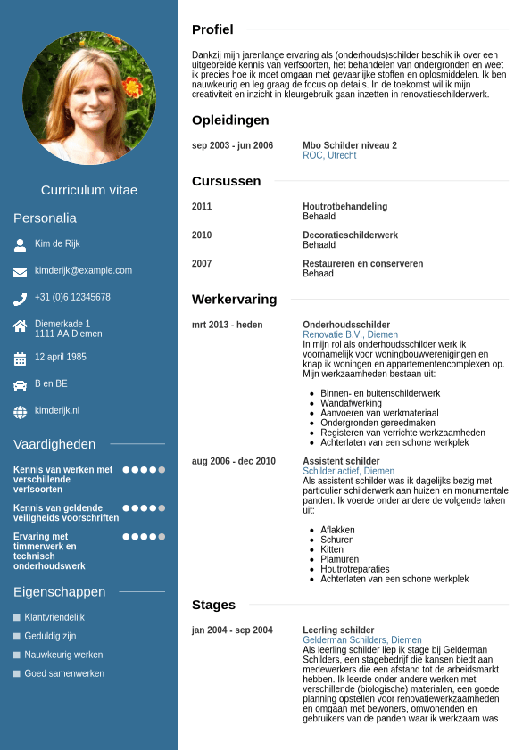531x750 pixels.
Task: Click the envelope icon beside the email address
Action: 20,271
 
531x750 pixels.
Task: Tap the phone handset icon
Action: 20,299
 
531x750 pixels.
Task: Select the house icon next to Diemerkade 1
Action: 20,326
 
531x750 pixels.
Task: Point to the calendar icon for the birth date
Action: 20,359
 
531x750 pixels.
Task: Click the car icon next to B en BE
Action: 20,385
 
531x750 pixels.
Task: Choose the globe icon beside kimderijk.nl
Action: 20,412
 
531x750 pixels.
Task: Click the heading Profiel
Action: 212,29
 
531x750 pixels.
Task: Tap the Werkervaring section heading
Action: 234,299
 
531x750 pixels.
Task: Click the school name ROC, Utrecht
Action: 329,155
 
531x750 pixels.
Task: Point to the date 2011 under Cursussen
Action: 202,207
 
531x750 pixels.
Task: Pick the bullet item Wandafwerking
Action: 352,403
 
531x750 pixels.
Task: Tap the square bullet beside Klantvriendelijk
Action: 17,617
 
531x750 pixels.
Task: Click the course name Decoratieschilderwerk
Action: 350,235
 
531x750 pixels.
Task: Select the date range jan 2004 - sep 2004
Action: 232,630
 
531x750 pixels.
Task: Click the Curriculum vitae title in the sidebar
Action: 89,190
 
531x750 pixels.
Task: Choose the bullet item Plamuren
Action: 339,559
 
